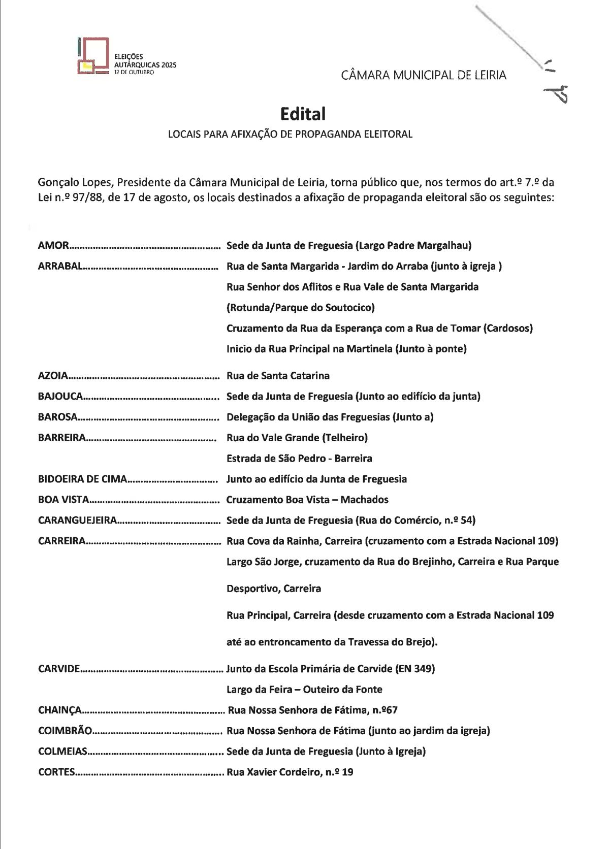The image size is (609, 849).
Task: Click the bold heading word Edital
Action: click(303, 114)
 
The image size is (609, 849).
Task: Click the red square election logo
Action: click(93, 56)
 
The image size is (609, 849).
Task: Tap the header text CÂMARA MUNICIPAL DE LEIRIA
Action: click(424, 75)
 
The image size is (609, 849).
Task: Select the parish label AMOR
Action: click(53, 245)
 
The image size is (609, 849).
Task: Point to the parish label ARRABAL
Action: click(60, 266)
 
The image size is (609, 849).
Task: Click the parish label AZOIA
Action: click(53, 376)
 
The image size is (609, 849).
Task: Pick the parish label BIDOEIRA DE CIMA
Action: click(82, 479)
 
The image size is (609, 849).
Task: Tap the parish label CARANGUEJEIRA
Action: click(77, 520)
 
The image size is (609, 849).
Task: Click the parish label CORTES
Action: click(56, 772)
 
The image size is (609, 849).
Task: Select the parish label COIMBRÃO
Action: click(65, 731)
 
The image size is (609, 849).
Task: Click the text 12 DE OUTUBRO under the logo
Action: click(130, 72)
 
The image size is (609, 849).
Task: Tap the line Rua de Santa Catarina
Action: click(278, 376)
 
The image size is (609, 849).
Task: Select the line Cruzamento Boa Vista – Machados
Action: click(307, 500)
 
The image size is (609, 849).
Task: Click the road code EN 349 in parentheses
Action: click(415, 669)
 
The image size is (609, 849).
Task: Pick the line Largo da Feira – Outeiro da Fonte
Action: click(304, 690)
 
